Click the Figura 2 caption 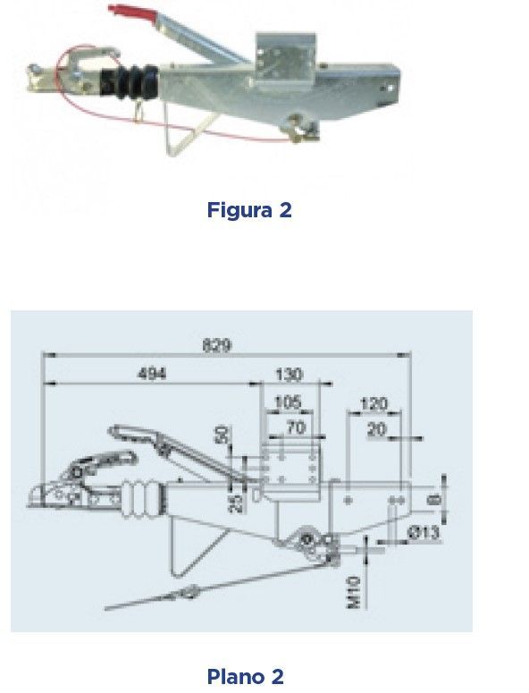[249, 209]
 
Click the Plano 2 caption [246, 676]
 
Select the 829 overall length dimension [217, 345]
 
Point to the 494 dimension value [152, 374]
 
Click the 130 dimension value [290, 375]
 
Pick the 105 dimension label [288, 402]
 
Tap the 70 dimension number [296, 427]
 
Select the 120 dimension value [374, 404]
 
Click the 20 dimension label [377, 429]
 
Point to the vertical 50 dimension [223, 435]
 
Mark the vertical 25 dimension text [238, 503]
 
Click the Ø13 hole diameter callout [424, 533]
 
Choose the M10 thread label [354, 593]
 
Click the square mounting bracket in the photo [285, 60]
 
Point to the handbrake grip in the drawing [132, 432]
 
